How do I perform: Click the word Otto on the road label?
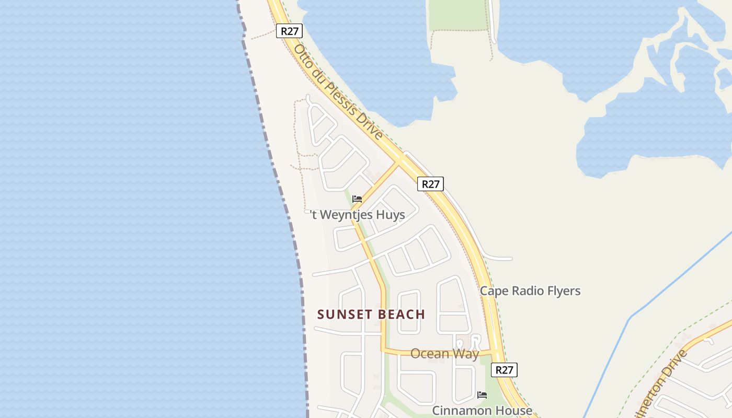(302, 54)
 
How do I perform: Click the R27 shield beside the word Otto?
(290, 31)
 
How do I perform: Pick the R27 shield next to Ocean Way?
(504, 370)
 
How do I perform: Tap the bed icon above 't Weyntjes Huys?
(357, 199)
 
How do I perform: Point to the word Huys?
(391, 215)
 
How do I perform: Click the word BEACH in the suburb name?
(402, 315)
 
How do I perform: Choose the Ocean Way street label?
(444, 354)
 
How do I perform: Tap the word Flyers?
(563, 291)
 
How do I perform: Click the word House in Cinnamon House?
(514, 411)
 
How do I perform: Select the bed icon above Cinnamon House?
(482, 395)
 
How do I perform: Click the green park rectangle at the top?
(458, 14)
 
